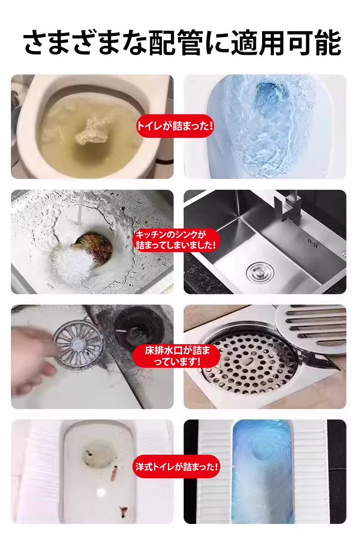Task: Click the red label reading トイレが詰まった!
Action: pyautogui.click(x=175, y=126)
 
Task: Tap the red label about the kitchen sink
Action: pyautogui.click(x=176, y=240)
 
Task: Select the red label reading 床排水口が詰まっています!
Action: pyautogui.click(x=177, y=356)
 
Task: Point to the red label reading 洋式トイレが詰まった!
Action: pyautogui.click(x=177, y=466)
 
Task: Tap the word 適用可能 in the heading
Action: pyautogui.click(x=286, y=43)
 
